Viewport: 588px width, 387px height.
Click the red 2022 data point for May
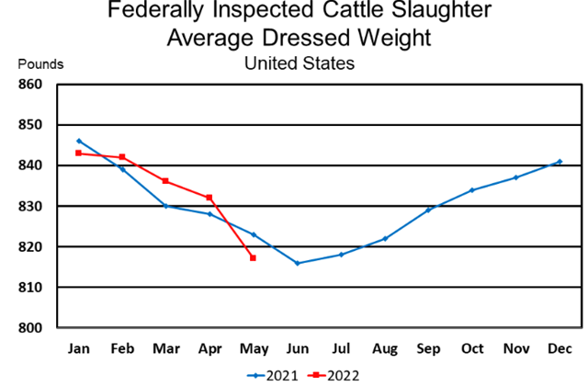[253, 258]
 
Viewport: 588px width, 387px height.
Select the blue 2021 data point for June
[297, 263]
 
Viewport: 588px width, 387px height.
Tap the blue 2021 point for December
[560, 162]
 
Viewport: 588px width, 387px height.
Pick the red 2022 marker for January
[78, 153]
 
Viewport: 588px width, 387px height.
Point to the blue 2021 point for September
[428, 211]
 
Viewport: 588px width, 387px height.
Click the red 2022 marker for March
[165, 181]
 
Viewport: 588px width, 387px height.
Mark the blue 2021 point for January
[78, 141]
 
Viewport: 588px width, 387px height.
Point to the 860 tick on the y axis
[33, 85]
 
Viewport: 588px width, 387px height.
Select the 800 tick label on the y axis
[33, 328]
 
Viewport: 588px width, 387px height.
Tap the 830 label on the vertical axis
[33, 207]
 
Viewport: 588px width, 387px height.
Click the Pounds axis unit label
[40, 64]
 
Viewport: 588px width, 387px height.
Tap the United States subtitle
[299, 63]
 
